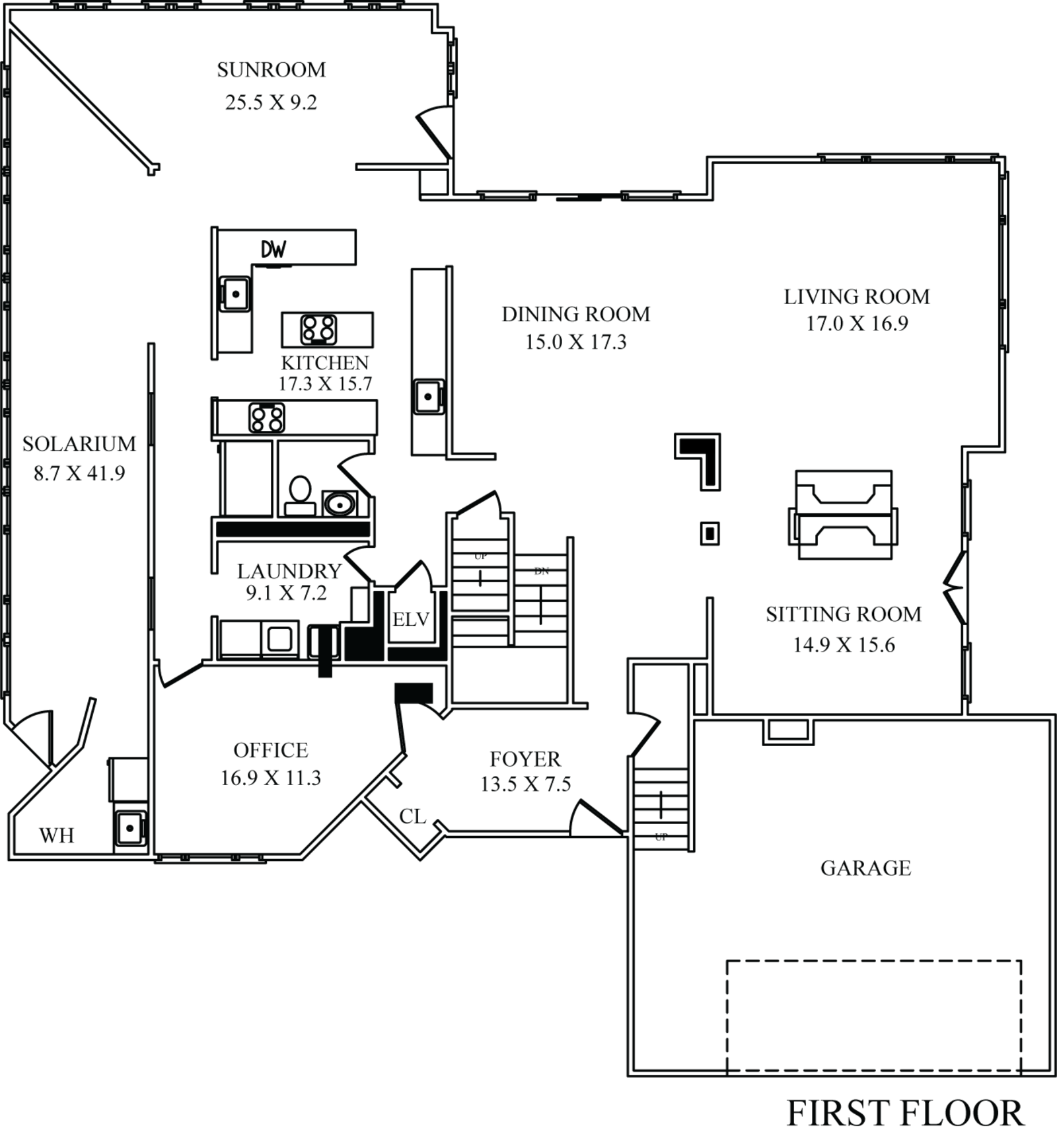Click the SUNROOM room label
[x=271, y=70]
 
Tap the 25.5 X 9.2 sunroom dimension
[x=271, y=102]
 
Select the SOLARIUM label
[x=79, y=443]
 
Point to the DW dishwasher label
[x=270, y=250]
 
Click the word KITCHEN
[x=325, y=363]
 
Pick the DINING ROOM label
[x=575, y=314]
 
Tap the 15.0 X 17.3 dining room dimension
[x=575, y=342]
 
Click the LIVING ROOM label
[x=857, y=296]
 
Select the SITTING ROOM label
[x=844, y=615]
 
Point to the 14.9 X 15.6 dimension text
[x=844, y=644]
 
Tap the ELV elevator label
[x=411, y=620]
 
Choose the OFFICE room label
[x=271, y=751]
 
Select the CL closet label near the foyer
[x=413, y=817]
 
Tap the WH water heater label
[x=59, y=836]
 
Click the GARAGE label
[x=865, y=868]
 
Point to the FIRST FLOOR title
[x=904, y=1114]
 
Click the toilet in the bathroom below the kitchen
[x=299, y=490]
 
